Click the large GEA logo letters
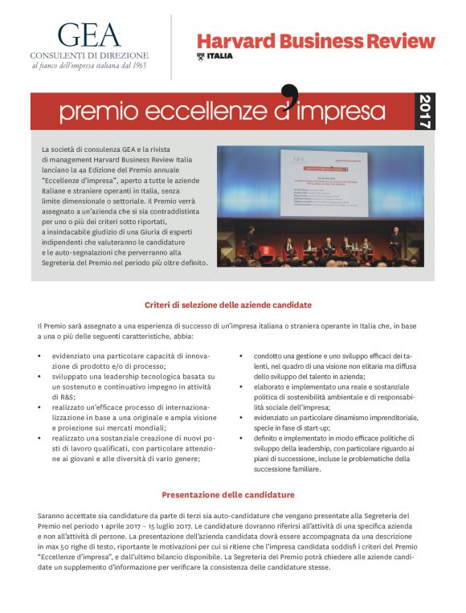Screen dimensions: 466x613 pyautogui.click(x=88, y=35)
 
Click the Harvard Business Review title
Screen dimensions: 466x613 pyautogui.click(x=315, y=41)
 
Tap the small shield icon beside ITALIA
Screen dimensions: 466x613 pyautogui.click(x=201, y=56)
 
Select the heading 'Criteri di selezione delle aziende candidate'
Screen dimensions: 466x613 pyautogui.click(x=228, y=305)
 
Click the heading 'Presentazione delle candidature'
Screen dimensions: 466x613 pyautogui.click(x=228, y=494)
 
